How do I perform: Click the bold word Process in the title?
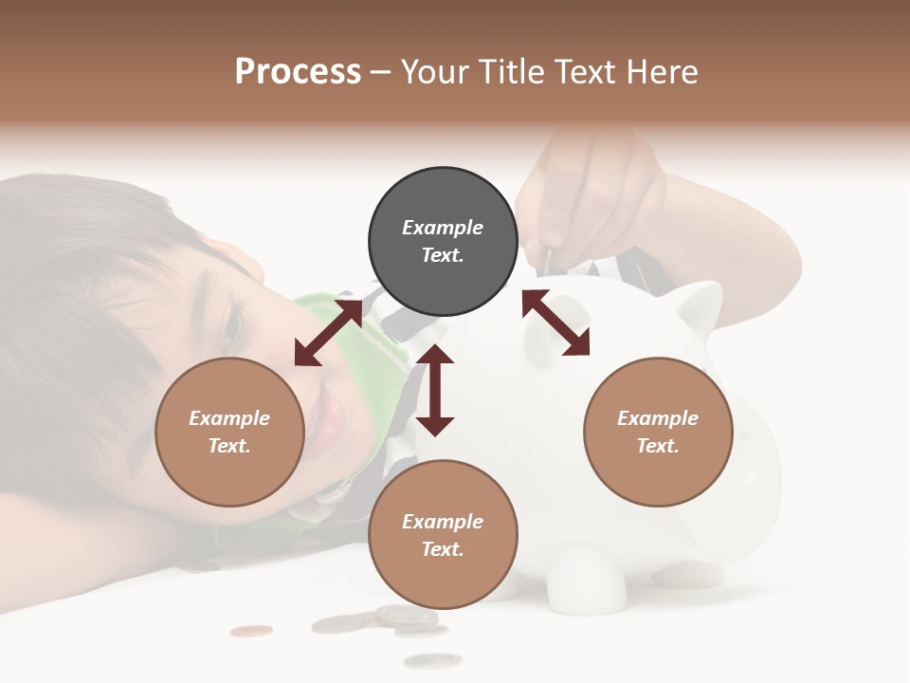[298, 72]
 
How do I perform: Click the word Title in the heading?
[510, 72]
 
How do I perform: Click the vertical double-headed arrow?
[435, 391]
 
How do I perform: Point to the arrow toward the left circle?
[327, 333]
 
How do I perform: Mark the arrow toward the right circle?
[555, 323]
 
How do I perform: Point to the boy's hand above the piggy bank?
[588, 199]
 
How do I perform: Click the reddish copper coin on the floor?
[251, 630]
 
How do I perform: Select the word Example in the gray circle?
[443, 228]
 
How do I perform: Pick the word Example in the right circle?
[658, 418]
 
